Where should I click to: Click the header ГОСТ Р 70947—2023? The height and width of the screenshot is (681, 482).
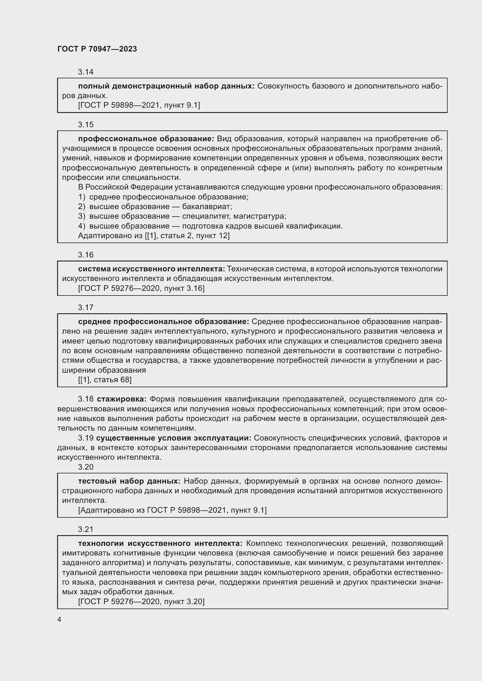pos(97,49)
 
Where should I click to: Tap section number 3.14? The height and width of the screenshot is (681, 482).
pos(85,72)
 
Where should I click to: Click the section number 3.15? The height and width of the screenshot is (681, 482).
pos(85,125)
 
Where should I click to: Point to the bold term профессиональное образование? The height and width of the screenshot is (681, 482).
pos(146,139)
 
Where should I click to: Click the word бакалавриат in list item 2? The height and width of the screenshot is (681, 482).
pos(207,206)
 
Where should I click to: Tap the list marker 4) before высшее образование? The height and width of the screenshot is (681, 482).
pos(82,226)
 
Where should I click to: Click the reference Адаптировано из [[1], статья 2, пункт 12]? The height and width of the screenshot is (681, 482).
pos(154,236)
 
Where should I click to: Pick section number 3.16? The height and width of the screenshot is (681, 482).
pos(85,255)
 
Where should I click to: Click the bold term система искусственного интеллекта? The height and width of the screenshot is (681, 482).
pos(152,269)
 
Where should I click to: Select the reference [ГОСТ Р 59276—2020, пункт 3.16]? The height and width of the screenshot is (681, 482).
pos(141,288)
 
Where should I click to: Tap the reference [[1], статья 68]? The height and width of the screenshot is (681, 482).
pos(105,380)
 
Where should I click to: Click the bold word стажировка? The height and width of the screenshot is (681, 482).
pos(122,399)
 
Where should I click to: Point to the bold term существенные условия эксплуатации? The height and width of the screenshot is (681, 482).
pos(174,438)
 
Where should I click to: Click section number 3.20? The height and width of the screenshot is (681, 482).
pos(85,467)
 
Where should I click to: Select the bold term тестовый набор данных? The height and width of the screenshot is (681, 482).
pos(129,481)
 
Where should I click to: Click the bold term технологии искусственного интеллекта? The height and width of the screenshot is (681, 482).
pos(160,543)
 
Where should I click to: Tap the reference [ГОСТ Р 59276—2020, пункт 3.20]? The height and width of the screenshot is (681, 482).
pos(141,602)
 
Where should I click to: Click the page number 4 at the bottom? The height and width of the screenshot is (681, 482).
pos(59,620)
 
